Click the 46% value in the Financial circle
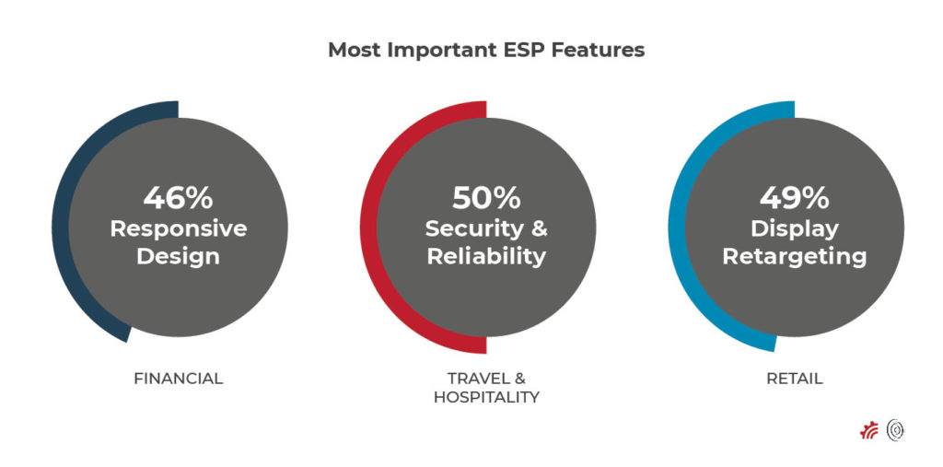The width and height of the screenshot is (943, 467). click(178, 197)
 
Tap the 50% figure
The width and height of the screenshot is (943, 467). click(486, 197)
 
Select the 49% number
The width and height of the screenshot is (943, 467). click(794, 197)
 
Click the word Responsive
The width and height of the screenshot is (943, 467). click(178, 228)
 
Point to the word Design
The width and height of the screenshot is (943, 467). click(178, 257)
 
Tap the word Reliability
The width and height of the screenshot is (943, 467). click(486, 257)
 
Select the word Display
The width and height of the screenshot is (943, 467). click(794, 228)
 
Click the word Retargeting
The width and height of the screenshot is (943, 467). click(794, 257)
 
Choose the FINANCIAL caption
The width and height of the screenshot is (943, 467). click(178, 379)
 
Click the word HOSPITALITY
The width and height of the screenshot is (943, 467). click(486, 398)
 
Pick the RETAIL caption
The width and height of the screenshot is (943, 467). click(794, 379)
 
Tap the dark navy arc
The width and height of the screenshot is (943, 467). click(61, 228)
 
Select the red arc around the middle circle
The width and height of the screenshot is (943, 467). click(368, 228)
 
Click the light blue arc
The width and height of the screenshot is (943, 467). click(677, 228)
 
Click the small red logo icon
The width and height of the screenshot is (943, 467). click(869, 430)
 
